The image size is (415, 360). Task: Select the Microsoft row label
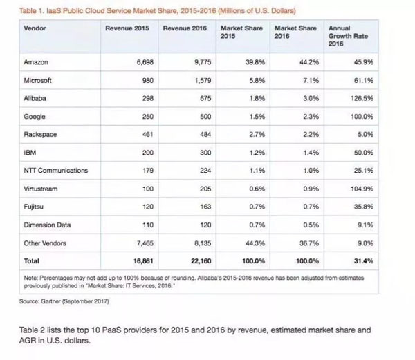point(38,81)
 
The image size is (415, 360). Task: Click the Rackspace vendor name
point(41,135)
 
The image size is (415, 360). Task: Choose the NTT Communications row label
point(55,171)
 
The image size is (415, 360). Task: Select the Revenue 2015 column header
point(128,29)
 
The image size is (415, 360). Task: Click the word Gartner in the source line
point(52,302)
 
